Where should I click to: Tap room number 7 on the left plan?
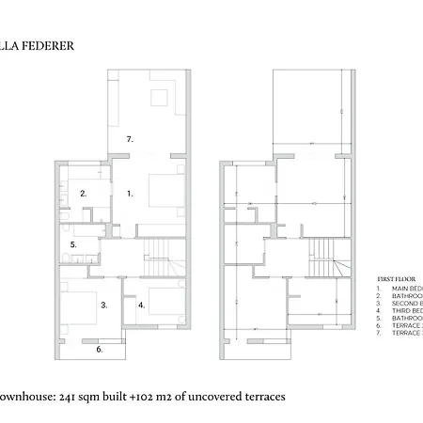[131, 138]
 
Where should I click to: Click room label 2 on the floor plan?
[83, 194]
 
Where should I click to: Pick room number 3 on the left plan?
[104, 305]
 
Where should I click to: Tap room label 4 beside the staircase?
[141, 305]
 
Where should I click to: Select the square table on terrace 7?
[158, 95]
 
